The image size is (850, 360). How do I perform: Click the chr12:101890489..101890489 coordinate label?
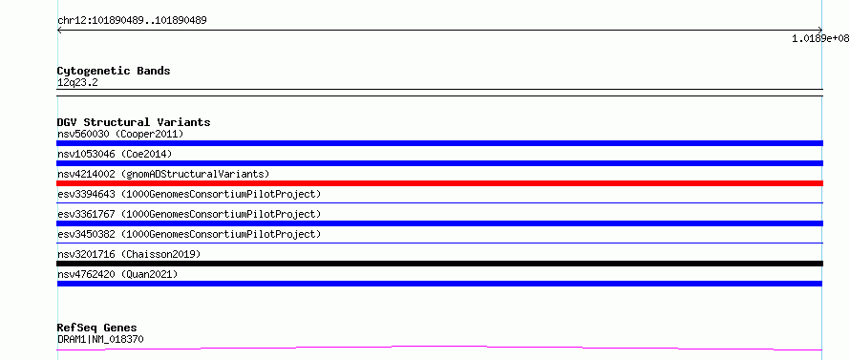click(x=132, y=21)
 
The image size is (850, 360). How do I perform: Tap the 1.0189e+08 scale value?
click(x=820, y=38)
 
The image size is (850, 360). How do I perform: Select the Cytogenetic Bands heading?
click(x=114, y=71)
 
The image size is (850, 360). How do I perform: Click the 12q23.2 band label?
click(x=77, y=83)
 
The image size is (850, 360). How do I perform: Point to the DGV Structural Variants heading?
click(x=134, y=122)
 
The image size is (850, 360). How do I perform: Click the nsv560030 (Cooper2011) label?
click(x=120, y=134)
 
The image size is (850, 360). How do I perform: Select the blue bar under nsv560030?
click(x=439, y=143)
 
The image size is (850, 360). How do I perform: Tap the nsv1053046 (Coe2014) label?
click(x=115, y=154)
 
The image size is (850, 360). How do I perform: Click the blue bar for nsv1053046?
click(x=439, y=163)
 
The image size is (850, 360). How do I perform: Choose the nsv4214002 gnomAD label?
click(x=163, y=174)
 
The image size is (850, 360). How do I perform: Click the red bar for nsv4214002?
click(x=439, y=183)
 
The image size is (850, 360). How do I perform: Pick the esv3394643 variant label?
click(x=189, y=194)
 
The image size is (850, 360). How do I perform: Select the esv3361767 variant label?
click(x=189, y=214)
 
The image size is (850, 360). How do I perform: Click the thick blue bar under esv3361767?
click(x=439, y=223)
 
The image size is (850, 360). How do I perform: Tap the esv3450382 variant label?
click(x=189, y=234)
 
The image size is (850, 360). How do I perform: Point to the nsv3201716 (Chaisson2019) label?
click(x=129, y=254)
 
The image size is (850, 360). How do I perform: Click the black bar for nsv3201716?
click(x=439, y=264)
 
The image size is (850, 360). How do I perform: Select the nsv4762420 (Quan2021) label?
click(x=117, y=274)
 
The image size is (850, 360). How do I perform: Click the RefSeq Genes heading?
click(x=97, y=328)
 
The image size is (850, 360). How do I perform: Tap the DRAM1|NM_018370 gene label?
click(x=100, y=340)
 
